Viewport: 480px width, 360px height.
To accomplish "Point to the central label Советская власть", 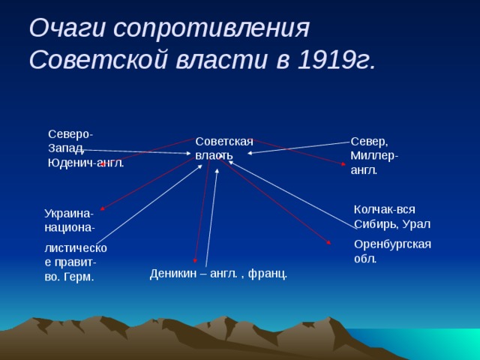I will (x=223, y=148).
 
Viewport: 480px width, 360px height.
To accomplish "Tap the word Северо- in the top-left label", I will (x=70, y=133).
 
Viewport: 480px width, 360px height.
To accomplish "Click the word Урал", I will (x=416, y=224).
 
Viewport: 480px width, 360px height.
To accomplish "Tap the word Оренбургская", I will (x=392, y=244).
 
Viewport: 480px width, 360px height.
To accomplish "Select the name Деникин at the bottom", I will (x=172, y=273).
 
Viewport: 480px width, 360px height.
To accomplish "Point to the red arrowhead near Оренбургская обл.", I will (x=328, y=242).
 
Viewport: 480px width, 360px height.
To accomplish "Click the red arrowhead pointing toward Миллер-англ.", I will (x=344, y=163).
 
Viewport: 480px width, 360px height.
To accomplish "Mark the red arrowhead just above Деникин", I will (x=195, y=260).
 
